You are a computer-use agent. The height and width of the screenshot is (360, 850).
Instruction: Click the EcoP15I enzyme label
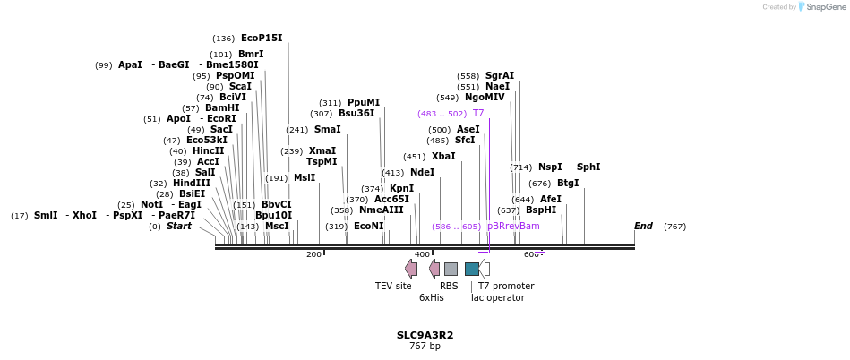pyautogui.click(x=262, y=39)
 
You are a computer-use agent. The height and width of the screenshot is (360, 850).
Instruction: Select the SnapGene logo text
pyautogui.click(x=824, y=7)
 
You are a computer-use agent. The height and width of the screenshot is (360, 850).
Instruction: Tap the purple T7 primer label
pyautogui.click(x=478, y=114)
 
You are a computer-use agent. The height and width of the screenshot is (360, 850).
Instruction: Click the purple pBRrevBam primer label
pyautogui.click(x=513, y=227)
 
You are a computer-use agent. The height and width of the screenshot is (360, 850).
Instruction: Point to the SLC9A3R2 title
pyautogui.click(x=425, y=335)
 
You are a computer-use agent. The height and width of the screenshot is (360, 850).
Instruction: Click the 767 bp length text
pyautogui.click(x=425, y=347)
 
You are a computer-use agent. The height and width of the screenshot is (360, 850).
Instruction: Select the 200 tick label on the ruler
pyautogui.click(x=313, y=255)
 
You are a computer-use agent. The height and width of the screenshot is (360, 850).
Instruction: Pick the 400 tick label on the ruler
pyautogui.click(x=423, y=255)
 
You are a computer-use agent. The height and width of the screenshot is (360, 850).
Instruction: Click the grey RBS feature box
pyautogui.click(x=451, y=269)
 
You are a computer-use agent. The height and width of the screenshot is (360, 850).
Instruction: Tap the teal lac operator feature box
pyautogui.click(x=471, y=269)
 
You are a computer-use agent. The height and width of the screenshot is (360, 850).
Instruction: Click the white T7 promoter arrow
pyautogui.click(x=485, y=269)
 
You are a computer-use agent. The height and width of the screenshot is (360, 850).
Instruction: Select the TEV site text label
pyautogui.click(x=393, y=287)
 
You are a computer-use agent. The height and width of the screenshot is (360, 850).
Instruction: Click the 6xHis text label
pyautogui.click(x=431, y=297)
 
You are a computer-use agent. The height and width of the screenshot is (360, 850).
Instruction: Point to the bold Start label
pyautogui.click(x=179, y=227)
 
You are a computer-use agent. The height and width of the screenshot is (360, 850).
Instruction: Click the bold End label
pyautogui.click(x=643, y=227)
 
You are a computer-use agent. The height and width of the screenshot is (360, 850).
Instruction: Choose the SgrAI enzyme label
pyautogui.click(x=500, y=76)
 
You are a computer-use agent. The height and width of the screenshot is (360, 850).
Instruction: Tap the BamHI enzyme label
pyautogui.click(x=222, y=108)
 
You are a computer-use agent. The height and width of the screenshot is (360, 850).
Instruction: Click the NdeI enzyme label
pyautogui.click(x=422, y=173)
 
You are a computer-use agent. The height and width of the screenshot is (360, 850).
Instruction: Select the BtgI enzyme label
pyautogui.click(x=568, y=184)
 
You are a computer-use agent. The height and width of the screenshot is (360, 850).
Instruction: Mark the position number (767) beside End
pyautogui.click(x=674, y=227)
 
